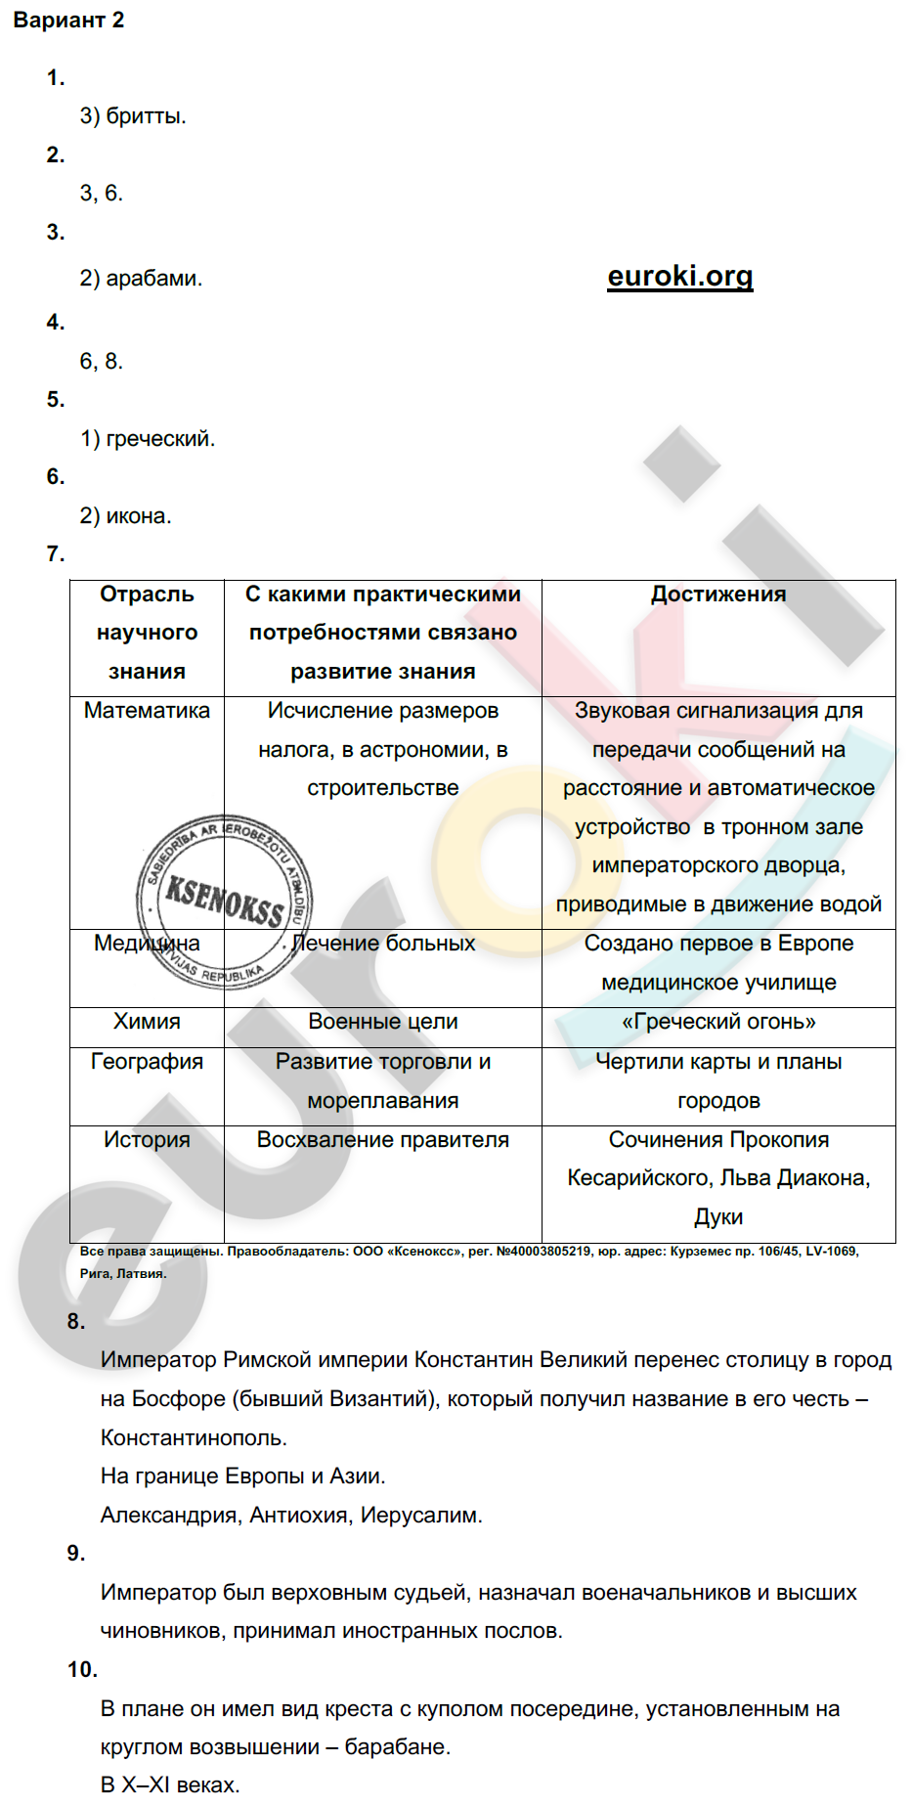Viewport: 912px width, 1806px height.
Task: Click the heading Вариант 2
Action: [68, 21]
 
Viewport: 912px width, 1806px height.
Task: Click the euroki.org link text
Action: [679, 277]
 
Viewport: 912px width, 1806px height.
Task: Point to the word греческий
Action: [159, 439]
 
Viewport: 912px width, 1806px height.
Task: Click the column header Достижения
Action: [718, 595]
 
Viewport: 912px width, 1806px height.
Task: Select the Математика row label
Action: [147, 711]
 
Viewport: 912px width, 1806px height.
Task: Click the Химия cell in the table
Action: [147, 1022]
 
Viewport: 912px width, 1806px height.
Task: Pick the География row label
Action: [147, 1062]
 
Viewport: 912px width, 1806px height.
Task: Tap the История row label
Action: [147, 1140]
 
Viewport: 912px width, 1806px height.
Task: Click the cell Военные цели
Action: [383, 1022]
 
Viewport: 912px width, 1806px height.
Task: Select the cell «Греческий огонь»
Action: [718, 1022]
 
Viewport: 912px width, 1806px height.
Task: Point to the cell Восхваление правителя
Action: [383, 1140]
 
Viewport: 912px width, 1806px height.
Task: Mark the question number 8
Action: [76, 1322]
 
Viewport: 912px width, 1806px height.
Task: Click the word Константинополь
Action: [193, 1438]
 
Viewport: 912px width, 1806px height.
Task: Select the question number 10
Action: [83, 1670]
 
